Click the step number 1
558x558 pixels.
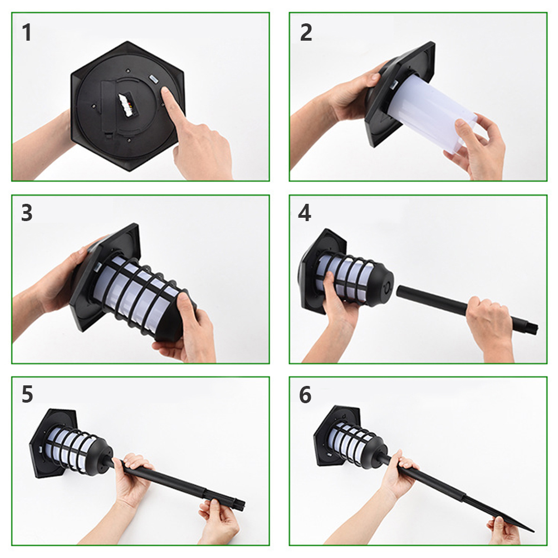tap(26, 33)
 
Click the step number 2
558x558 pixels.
tap(306, 33)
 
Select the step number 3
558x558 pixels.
tap(27, 213)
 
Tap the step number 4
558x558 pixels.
tap(305, 213)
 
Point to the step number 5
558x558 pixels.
tap(27, 394)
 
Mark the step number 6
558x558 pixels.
tap(305, 394)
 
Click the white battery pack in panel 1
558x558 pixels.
tap(126, 104)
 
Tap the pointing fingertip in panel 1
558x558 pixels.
tap(165, 91)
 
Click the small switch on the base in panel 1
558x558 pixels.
tap(153, 79)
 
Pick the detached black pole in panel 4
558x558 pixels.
tap(466, 309)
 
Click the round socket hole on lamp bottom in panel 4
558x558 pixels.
tap(387, 286)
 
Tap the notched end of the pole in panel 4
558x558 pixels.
tap(530, 329)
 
